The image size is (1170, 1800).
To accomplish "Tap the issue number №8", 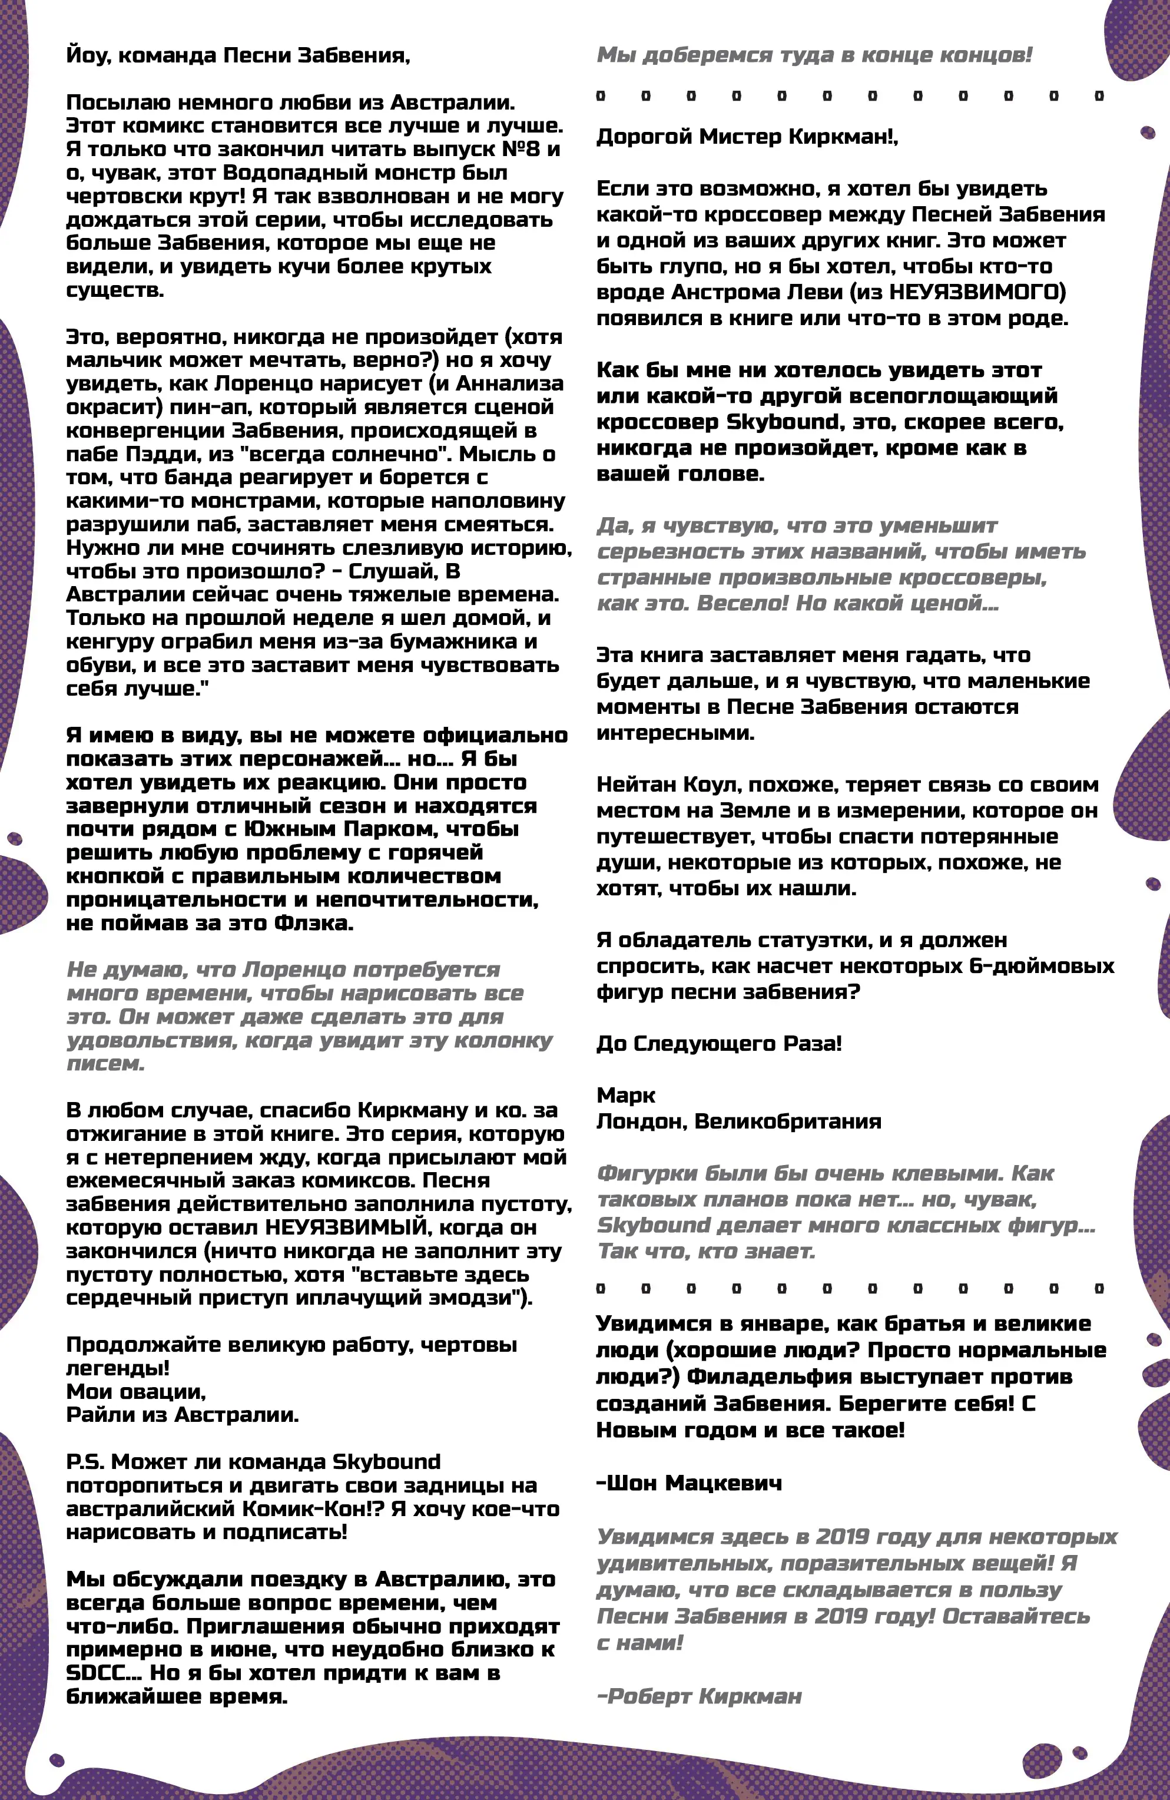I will [x=523, y=149].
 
